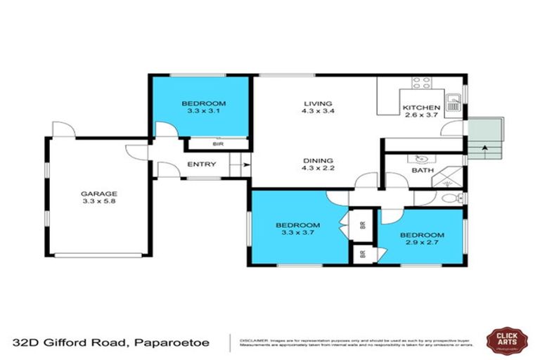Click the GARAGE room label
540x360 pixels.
coord(99,194)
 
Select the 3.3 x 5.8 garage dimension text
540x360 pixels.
coord(99,202)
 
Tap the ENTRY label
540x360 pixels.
coord(200,165)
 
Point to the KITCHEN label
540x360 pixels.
coord(420,108)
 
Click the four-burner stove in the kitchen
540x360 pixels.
coord(421,83)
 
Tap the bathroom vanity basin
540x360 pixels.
coord(422,157)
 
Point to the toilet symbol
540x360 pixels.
coord(453,198)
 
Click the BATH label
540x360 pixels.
coord(422,170)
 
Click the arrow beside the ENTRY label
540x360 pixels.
coord(236,166)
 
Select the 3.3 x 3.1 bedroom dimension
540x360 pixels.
coord(199,110)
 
